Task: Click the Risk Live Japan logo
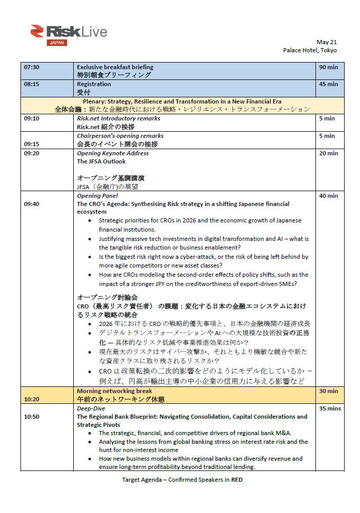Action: [x=69, y=34]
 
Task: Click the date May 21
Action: [x=327, y=42]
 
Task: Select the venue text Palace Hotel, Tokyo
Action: [x=310, y=50]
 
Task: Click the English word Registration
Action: [x=94, y=84]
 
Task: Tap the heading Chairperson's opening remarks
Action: [x=120, y=136]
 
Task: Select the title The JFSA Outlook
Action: [x=101, y=161]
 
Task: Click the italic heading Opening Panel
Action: [x=97, y=196]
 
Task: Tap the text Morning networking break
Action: [x=114, y=391]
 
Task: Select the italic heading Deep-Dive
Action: [x=91, y=408]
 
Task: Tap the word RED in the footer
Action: [x=237, y=480]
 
